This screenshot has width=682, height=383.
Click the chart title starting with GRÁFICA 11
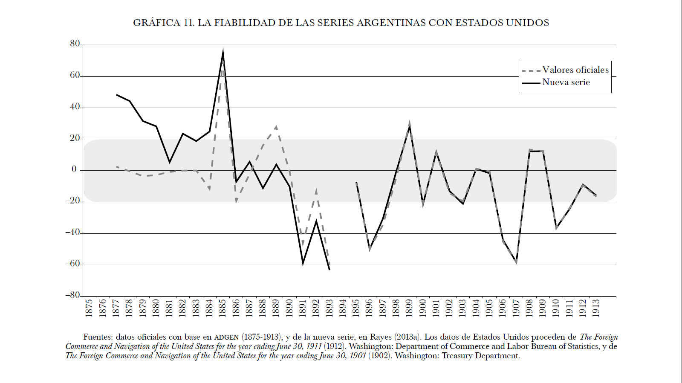coord(341,23)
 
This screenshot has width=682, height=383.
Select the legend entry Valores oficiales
coord(575,70)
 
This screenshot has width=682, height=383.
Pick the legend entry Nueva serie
coord(566,82)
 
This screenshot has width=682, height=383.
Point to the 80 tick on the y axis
coord(75,44)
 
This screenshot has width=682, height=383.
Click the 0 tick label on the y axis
coord(74,169)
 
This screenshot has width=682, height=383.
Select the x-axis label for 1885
coord(223,308)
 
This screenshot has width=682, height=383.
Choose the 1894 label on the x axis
coord(343,308)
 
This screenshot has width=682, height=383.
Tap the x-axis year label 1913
coord(596,308)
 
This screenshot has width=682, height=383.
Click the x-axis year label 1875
coord(89,308)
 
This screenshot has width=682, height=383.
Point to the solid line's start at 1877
coord(116,94)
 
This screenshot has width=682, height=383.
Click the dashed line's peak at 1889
coord(276,126)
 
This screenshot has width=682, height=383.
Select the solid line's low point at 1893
coord(329,269)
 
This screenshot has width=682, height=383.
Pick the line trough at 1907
coord(516,263)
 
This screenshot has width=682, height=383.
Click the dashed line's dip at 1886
coord(236,201)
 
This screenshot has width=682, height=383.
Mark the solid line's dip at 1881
coord(170,162)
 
